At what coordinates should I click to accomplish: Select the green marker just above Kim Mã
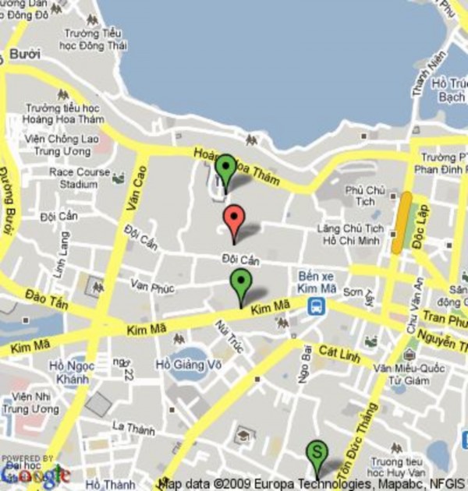point(241,284)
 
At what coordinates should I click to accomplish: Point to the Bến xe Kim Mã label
point(316,281)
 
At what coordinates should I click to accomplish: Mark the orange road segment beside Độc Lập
point(402,222)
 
